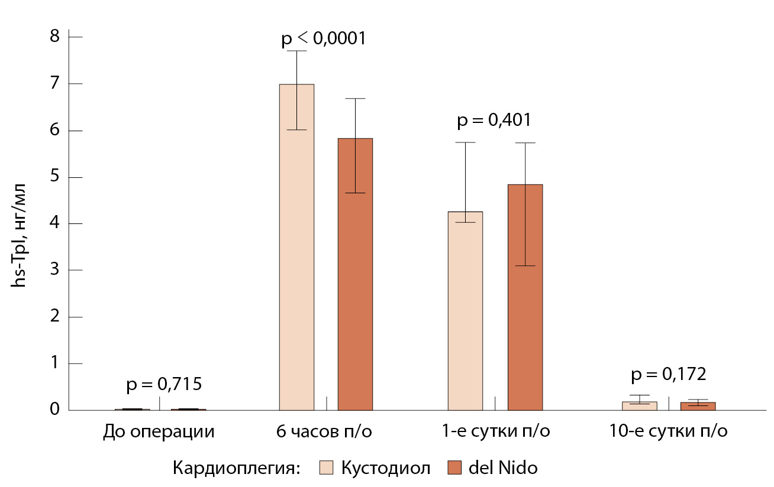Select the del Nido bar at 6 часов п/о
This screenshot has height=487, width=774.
(x=355, y=274)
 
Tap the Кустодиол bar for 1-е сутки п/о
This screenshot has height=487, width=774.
(x=465, y=311)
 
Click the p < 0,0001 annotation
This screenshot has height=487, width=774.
(x=324, y=39)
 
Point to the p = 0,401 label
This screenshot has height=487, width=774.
(x=494, y=121)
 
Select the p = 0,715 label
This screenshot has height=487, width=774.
(x=164, y=385)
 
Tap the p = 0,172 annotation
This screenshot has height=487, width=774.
(x=669, y=375)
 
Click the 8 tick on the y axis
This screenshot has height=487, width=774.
(x=56, y=37)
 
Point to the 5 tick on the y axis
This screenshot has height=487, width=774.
(x=56, y=177)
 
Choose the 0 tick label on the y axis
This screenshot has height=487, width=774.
(x=56, y=410)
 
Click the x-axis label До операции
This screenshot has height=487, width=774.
(x=158, y=431)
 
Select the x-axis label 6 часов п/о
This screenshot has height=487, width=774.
(x=324, y=431)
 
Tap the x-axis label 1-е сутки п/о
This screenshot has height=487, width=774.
(x=495, y=431)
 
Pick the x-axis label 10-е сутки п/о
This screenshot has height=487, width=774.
(x=668, y=431)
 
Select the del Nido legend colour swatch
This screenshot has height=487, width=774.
(x=455, y=467)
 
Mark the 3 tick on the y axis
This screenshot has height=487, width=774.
(x=56, y=271)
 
